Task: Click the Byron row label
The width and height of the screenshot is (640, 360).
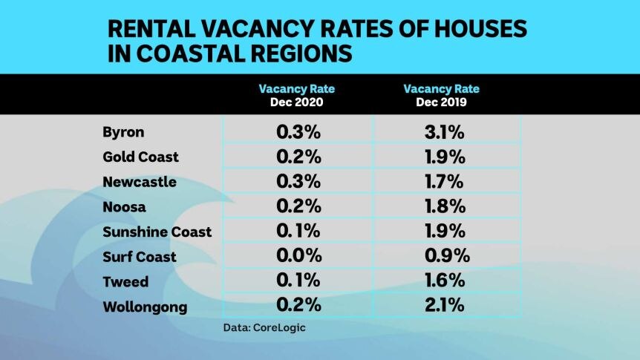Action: click(123, 133)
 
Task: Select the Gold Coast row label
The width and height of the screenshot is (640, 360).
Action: click(141, 157)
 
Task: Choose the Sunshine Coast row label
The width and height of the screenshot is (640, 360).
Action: click(157, 232)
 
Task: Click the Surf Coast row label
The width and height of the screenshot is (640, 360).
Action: click(140, 257)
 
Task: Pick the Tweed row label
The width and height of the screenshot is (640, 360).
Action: click(125, 281)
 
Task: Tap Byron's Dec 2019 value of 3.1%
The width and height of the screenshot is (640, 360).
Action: click(443, 133)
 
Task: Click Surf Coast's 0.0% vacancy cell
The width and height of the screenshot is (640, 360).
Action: click(298, 256)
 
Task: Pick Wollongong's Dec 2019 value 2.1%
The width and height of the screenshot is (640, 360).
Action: click(443, 306)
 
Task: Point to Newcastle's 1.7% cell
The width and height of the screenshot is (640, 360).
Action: click(443, 182)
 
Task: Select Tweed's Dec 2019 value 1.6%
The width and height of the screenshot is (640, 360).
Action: click(443, 281)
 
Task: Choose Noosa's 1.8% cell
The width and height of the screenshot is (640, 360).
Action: click(443, 207)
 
